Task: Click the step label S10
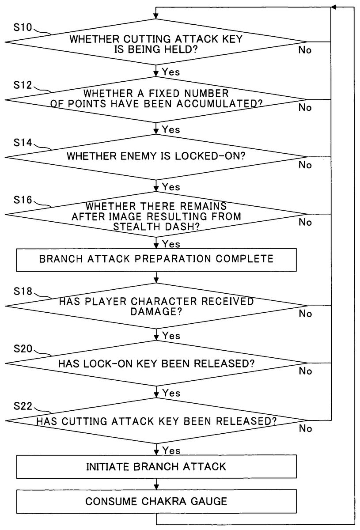point(23,28)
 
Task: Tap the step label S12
point(23,85)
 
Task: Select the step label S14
point(23,143)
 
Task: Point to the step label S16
point(23,200)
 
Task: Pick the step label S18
point(23,292)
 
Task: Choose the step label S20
point(23,349)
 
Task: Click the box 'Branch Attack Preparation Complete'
point(156,259)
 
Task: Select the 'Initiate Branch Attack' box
point(156,466)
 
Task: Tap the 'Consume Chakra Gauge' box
point(156,501)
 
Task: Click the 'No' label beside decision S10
point(305,50)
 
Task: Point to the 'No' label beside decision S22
point(305,428)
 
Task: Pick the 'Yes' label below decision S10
point(171,72)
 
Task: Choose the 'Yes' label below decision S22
point(171,450)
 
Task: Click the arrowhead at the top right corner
point(333,8)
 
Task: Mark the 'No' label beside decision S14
point(305,165)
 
